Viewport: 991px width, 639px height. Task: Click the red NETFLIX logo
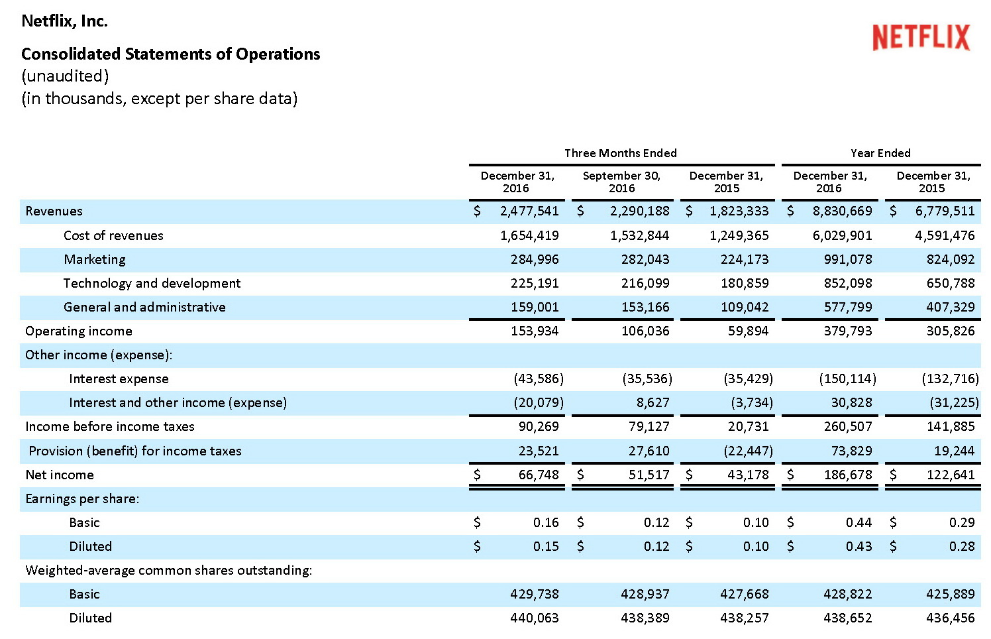click(x=921, y=37)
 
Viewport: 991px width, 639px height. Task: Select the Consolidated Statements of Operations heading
click(x=170, y=54)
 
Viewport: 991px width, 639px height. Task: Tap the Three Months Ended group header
click(x=620, y=153)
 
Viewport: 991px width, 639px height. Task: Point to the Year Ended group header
click(x=880, y=153)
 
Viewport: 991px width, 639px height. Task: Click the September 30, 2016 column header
click(x=621, y=182)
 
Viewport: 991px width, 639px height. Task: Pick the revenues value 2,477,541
click(x=529, y=211)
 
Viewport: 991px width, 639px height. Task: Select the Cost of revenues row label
click(x=113, y=235)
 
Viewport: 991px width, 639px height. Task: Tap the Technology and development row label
click(x=152, y=283)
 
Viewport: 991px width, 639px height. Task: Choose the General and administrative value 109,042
click(x=745, y=307)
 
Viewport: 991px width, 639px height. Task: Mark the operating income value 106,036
click(x=645, y=331)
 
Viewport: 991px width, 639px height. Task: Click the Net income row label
click(x=60, y=475)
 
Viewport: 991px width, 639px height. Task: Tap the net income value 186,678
click(x=848, y=475)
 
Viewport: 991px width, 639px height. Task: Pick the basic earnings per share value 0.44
click(x=859, y=522)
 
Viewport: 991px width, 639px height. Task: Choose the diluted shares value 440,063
click(x=534, y=618)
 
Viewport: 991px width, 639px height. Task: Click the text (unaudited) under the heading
click(x=65, y=76)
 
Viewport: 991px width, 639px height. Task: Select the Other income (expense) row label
click(x=99, y=355)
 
